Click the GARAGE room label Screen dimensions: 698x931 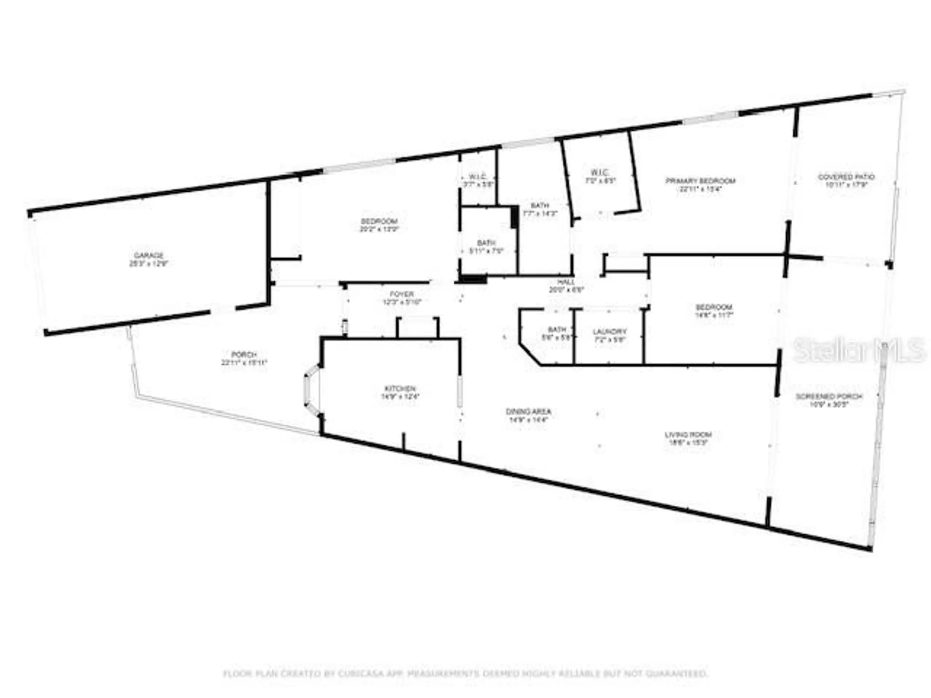[x=148, y=255]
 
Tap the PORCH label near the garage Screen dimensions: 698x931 [x=244, y=355]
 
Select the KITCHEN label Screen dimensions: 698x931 [x=400, y=389]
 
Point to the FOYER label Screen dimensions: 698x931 [x=401, y=294]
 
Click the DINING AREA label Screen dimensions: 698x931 [x=528, y=411]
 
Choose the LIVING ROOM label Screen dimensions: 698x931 [x=688, y=435]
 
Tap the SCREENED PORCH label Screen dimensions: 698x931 [x=829, y=396]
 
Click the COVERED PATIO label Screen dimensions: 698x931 [x=846, y=177]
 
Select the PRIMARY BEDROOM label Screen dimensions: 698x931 [x=700, y=181]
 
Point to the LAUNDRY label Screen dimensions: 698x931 [x=609, y=331]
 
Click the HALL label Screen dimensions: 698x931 [x=566, y=282]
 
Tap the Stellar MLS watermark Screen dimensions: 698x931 [x=859, y=350]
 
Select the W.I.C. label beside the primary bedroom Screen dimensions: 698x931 [x=600, y=173]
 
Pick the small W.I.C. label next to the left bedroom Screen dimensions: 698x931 [x=478, y=177]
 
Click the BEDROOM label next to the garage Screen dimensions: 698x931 [x=379, y=221]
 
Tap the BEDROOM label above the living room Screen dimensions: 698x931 [x=714, y=307]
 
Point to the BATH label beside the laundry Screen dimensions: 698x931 [x=557, y=329]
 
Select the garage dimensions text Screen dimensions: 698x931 [x=148, y=263]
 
